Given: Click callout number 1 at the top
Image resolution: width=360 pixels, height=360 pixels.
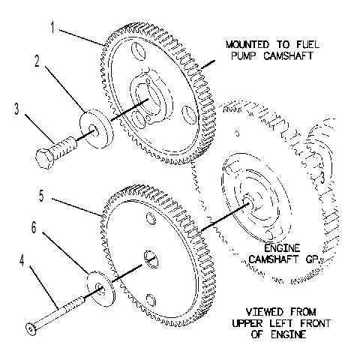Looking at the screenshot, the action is pyautogui.click(x=52, y=27).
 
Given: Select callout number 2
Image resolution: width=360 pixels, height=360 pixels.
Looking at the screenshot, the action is pyautogui.click(x=37, y=61).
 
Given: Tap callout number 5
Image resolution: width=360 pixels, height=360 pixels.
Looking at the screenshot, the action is pyautogui.click(x=41, y=196).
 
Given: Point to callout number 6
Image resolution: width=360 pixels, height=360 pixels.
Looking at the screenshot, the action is pyautogui.click(x=34, y=228).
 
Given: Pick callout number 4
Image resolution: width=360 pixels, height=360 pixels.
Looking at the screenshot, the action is pyautogui.click(x=22, y=260).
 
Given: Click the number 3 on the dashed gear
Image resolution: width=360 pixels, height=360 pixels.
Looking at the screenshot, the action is pyautogui.click(x=322, y=178).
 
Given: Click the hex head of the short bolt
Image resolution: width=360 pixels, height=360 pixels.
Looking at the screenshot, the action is pyautogui.click(x=44, y=158).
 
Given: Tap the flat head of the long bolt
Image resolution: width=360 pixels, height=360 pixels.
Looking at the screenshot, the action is pyautogui.click(x=31, y=329).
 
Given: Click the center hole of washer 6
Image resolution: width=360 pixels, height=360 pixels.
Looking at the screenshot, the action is pyautogui.click(x=100, y=289).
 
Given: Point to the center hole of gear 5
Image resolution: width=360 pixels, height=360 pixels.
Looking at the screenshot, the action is pyautogui.click(x=151, y=259).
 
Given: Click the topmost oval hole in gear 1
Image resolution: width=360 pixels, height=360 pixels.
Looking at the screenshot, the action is pyautogui.click(x=138, y=51).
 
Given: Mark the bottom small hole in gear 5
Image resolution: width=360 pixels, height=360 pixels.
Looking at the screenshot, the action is pyautogui.click(x=151, y=299).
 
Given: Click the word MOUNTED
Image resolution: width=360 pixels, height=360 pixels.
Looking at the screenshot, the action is pyautogui.click(x=247, y=45).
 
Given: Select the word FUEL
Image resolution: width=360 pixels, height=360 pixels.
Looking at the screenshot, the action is pyautogui.click(x=307, y=45).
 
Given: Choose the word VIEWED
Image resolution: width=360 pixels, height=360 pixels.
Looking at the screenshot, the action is pyautogui.click(x=265, y=312).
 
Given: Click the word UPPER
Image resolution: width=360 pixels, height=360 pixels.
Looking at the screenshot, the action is pyautogui.click(x=247, y=323).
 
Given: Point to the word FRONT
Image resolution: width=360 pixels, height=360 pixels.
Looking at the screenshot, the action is pyautogui.click(x=315, y=323).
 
